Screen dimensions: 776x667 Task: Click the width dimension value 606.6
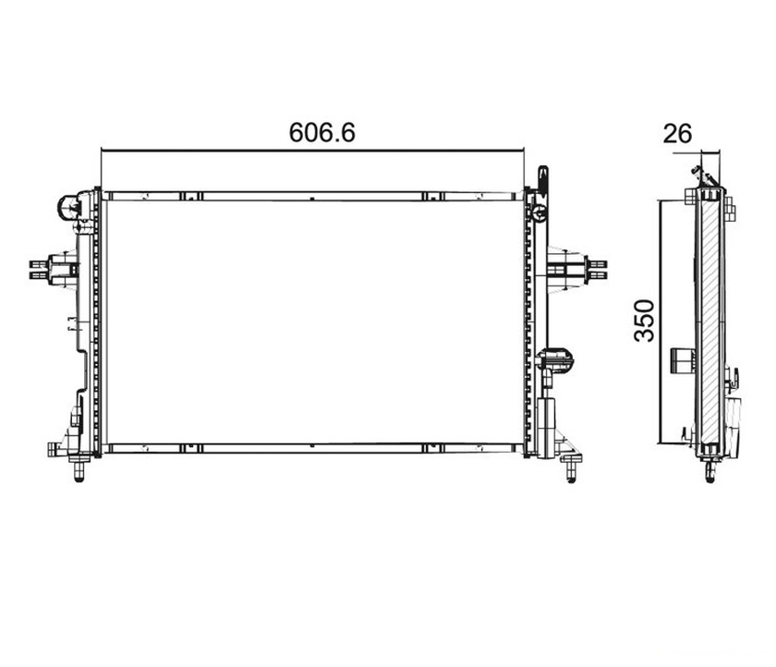[x=322, y=133]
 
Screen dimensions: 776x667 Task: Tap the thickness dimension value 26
[x=677, y=134]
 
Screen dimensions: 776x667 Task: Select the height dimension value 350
[x=644, y=321]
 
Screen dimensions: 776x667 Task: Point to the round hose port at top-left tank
[x=68, y=207]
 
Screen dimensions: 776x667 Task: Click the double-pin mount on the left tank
[x=54, y=269]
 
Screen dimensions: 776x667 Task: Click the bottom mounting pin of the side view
[x=709, y=470]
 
